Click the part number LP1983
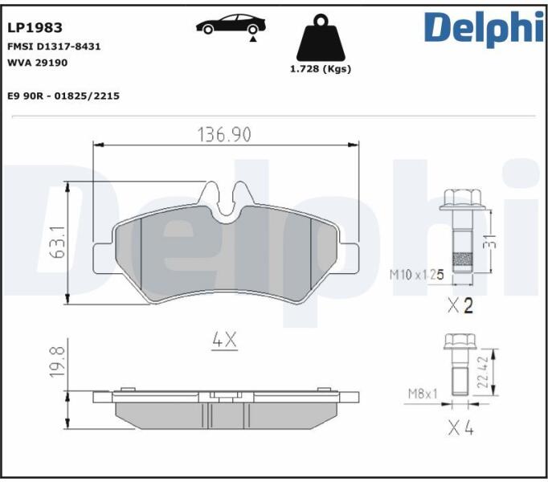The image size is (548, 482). click(x=35, y=27)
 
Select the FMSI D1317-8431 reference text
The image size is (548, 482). click(x=54, y=47)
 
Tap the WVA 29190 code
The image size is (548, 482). click(x=38, y=63)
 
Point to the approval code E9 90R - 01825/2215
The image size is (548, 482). click(x=63, y=96)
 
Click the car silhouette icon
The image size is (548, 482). click(x=231, y=24)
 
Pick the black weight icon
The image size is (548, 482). click(x=321, y=38)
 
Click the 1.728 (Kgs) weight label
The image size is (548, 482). click(x=321, y=69)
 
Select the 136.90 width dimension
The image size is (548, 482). click(x=224, y=135)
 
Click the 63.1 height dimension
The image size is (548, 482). click(x=58, y=242)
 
